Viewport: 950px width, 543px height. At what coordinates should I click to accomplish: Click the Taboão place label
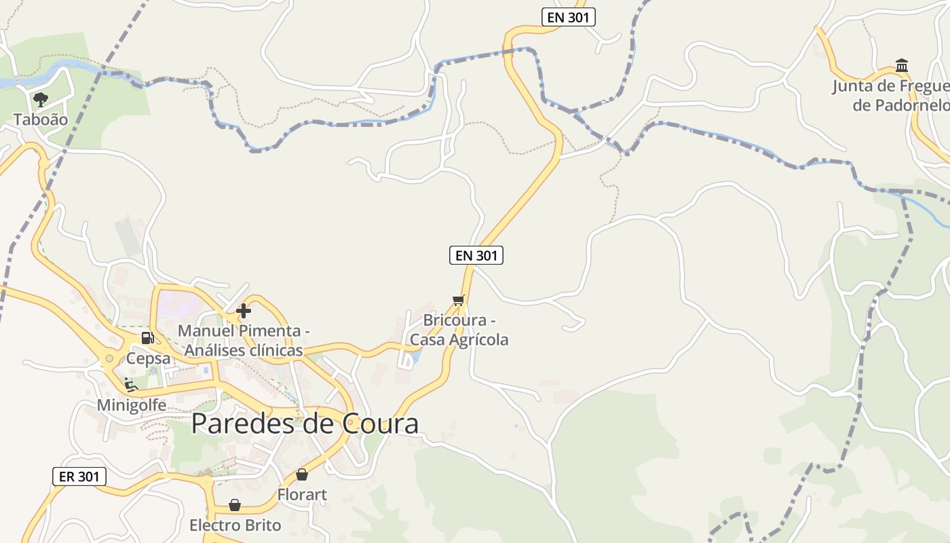click(41, 119)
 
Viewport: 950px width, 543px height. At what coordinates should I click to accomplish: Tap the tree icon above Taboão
click(41, 100)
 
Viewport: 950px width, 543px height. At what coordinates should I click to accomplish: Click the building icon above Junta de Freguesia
click(902, 66)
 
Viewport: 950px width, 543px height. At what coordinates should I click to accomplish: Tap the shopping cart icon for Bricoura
click(459, 300)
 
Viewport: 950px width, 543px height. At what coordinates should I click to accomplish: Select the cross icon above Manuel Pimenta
click(244, 312)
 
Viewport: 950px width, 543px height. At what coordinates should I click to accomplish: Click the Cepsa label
click(148, 358)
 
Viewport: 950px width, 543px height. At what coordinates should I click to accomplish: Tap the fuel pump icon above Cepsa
click(147, 337)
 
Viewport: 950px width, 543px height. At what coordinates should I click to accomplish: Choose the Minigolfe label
click(132, 405)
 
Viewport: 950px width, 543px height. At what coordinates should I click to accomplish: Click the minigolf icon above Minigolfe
click(131, 386)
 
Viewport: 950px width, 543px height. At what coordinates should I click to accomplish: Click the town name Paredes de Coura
click(305, 424)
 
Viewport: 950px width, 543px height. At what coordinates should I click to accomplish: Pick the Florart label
click(302, 495)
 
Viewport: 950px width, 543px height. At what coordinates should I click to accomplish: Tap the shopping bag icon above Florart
click(302, 474)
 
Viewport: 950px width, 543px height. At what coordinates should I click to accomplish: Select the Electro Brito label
click(235, 525)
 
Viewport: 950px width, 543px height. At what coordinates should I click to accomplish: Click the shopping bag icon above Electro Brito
click(235, 505)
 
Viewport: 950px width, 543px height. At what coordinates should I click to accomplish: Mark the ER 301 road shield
click(79, 476)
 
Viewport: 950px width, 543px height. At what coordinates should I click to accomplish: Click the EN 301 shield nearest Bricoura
click(476, 255)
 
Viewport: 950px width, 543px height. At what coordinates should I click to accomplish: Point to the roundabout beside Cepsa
click(109, 358)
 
